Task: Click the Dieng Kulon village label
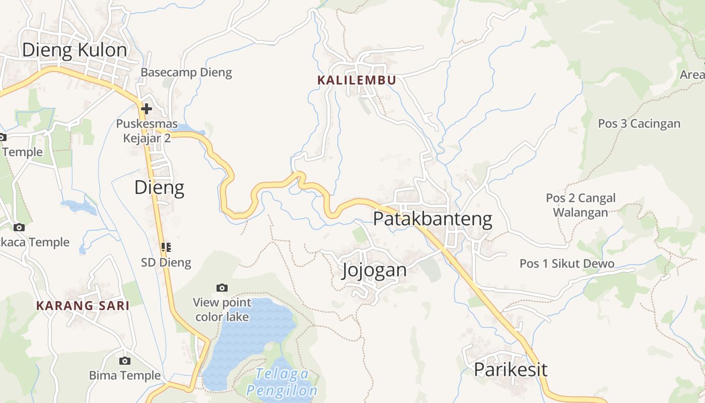75,50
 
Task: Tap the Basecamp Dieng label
186,72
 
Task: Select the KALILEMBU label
357,80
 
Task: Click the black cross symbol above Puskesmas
147,108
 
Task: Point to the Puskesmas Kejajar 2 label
147,130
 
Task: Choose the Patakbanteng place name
433,219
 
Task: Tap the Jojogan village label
374,270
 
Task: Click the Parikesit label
510,369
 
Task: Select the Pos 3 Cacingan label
639,123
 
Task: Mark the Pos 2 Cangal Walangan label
581,205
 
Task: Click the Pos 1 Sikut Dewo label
567,263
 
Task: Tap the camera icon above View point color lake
222,288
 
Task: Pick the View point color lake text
222,309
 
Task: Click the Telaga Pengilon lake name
282,382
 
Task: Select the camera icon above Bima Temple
125,361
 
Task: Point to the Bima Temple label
125,375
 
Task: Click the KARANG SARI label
83,305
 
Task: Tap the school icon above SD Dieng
166,247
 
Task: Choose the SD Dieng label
166,262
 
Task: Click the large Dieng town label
159,187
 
